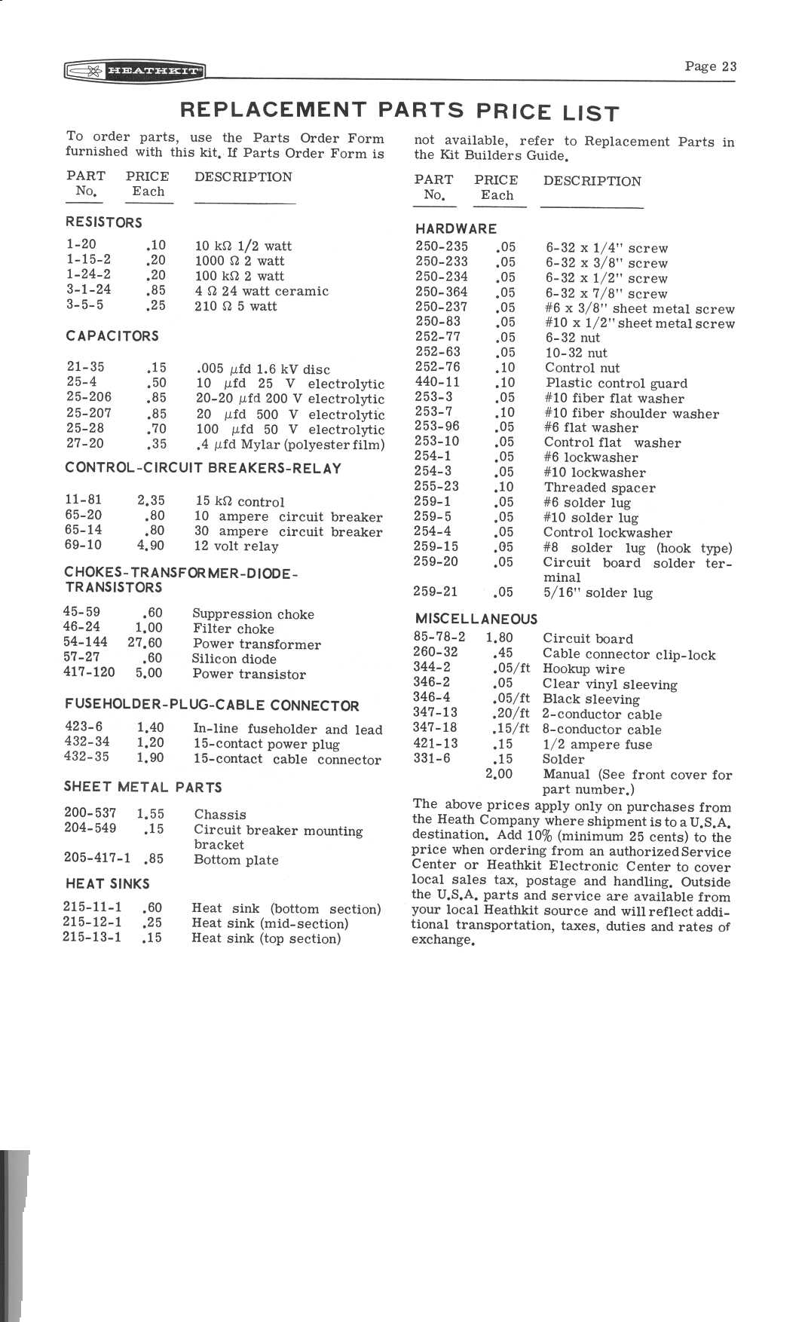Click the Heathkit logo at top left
click(x=135, y=72)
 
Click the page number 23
click(x=710, y=66)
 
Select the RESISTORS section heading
click(x=104, y=222)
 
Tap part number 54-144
click(x=85, y=642)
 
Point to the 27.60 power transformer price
click(x=145, y=643)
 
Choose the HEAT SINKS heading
click(x=107, y=883)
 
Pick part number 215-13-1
click(x=92, y=938)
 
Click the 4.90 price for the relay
click(x=151, y=545)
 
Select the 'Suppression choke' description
click(x=253, y=614)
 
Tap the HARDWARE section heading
click(x=456, y=228)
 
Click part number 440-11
click(x=437, y=382)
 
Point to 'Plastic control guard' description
click(x=617, y=383)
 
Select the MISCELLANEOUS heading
click(x=476, y=619)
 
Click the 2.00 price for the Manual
click(x=499, y=774)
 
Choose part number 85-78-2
click(x=439, y=637)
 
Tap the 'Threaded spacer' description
click(x=600, y=488)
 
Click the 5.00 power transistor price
click(x=149, y=673)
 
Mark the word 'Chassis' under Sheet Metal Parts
click(x=220, y=814)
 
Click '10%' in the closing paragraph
click(x=540, y=836)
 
